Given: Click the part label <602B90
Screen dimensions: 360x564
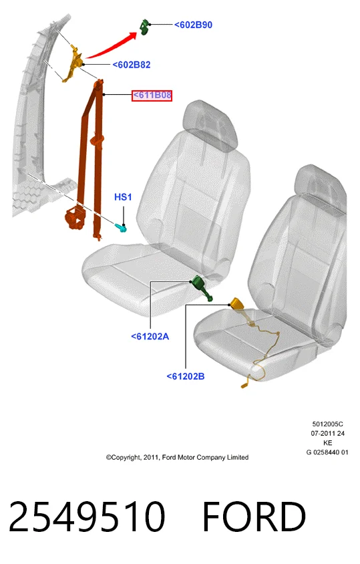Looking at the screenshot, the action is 193,25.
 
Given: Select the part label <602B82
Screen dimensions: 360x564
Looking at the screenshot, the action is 132,65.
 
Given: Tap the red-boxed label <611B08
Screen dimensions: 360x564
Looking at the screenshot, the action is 152,96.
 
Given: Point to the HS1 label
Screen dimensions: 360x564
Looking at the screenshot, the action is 123,197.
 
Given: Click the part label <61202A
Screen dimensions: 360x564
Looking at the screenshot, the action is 150,336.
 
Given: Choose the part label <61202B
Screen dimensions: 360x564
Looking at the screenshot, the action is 186,376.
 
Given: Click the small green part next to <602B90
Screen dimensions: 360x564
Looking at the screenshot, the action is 144,27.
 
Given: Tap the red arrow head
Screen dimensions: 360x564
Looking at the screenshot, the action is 132,35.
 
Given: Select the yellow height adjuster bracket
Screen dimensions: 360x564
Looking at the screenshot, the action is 73,63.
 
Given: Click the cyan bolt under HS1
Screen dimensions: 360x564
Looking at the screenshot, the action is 121,227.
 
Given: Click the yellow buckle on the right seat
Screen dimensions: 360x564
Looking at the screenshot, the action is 238,304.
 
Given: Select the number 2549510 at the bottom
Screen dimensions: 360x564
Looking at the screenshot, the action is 87,517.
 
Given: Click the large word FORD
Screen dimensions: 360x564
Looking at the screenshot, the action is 254,517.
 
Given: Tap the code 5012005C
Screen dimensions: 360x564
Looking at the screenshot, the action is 328,424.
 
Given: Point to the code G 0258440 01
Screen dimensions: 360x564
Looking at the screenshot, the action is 327,452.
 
